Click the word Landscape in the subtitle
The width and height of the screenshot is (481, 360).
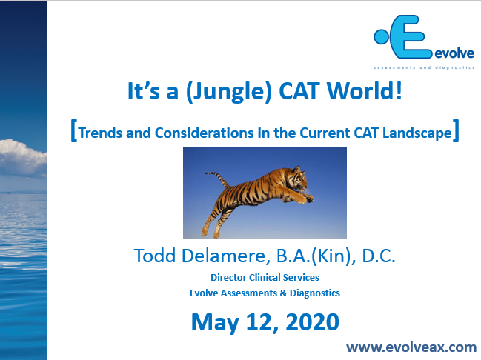(x=417, y=133)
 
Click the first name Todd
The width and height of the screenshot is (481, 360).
(x=153, y=256)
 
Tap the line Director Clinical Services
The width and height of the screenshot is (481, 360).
(x=265, y=277)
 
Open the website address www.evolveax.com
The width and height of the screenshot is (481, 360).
(x=411, y=346)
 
